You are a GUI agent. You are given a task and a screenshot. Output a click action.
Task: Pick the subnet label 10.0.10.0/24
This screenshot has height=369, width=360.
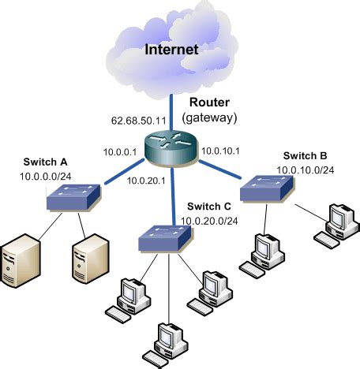pyautogui.click(x=305, y=170)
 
